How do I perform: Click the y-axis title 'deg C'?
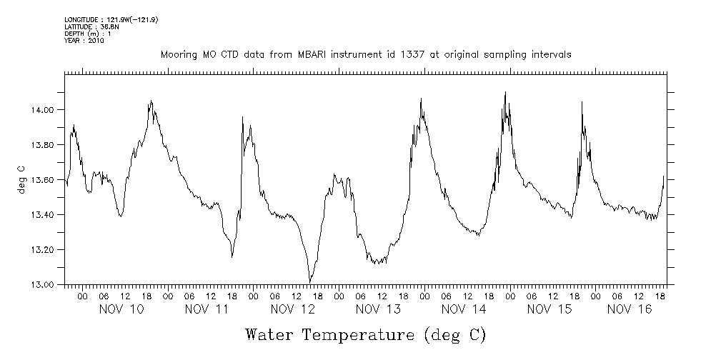21,180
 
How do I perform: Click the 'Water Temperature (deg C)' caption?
365,334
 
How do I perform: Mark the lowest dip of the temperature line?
309,282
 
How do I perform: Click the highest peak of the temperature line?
505,92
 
